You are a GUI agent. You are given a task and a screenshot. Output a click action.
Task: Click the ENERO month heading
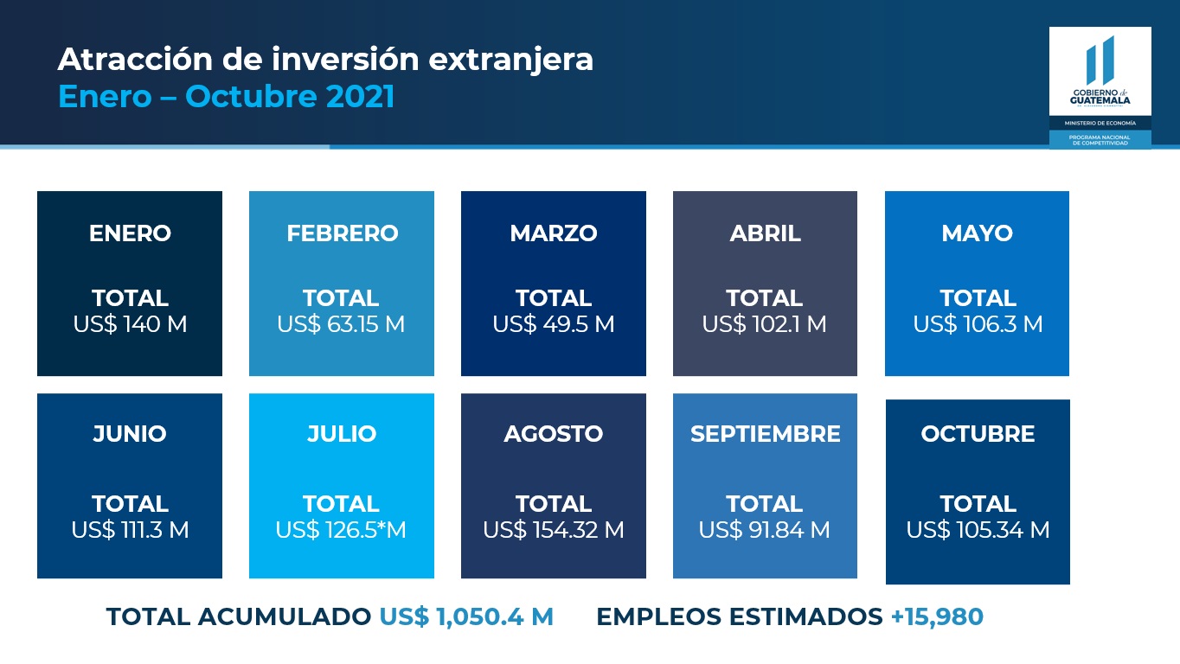click(130, 233)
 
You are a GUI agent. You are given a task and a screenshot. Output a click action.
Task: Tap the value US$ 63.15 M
click(341, 324)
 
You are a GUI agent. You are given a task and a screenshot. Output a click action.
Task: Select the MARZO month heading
click(554, 233)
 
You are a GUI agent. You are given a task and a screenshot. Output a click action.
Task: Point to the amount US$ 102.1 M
click(764, 324)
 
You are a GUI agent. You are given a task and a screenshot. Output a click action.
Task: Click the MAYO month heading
click(977, 233)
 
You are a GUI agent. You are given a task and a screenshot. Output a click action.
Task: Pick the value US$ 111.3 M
click(130, 529)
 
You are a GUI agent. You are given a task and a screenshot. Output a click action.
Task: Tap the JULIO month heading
click(342, 434)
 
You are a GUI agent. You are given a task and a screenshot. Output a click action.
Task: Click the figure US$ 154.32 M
click(554, 529)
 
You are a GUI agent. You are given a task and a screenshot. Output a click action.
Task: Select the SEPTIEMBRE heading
click(765, 434)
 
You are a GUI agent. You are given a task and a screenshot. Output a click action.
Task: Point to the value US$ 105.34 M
click(978, 529)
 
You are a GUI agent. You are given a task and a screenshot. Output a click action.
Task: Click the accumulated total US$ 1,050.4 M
click(466, 616)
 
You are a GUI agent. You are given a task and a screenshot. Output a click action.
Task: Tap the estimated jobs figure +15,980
click(937, 616)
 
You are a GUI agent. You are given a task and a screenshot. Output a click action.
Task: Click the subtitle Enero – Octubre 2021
click(226, 96)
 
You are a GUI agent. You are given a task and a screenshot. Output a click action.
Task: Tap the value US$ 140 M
click(130, 324)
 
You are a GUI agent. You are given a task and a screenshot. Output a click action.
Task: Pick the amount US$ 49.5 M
click(554, 324)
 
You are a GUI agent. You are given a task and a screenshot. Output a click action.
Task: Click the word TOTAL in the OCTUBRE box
click(978, 504)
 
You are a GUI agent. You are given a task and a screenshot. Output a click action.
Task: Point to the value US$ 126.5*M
click(341, 529)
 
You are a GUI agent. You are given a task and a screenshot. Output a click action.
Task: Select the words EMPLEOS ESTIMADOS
click(740, 616)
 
